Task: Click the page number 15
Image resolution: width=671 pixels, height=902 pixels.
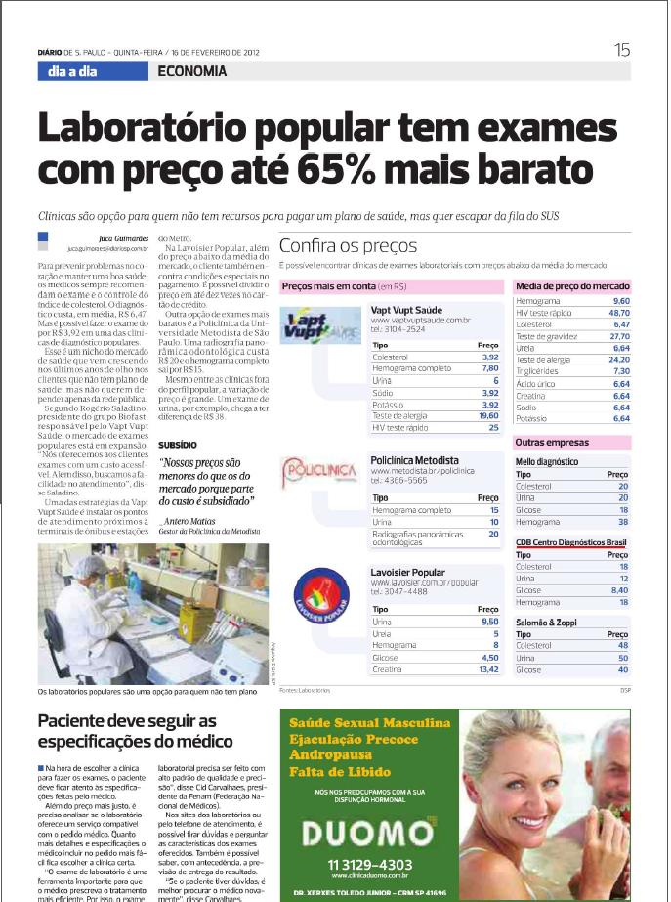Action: (x=622, y=51)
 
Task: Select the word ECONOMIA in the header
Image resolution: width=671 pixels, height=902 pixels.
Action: (x=191, y=71)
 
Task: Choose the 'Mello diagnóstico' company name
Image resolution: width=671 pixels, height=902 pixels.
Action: (x=546, y=461)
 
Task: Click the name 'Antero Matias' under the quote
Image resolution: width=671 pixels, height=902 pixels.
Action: (x=190, y=520)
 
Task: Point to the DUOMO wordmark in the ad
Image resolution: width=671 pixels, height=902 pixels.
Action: (x=369, y=832)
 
